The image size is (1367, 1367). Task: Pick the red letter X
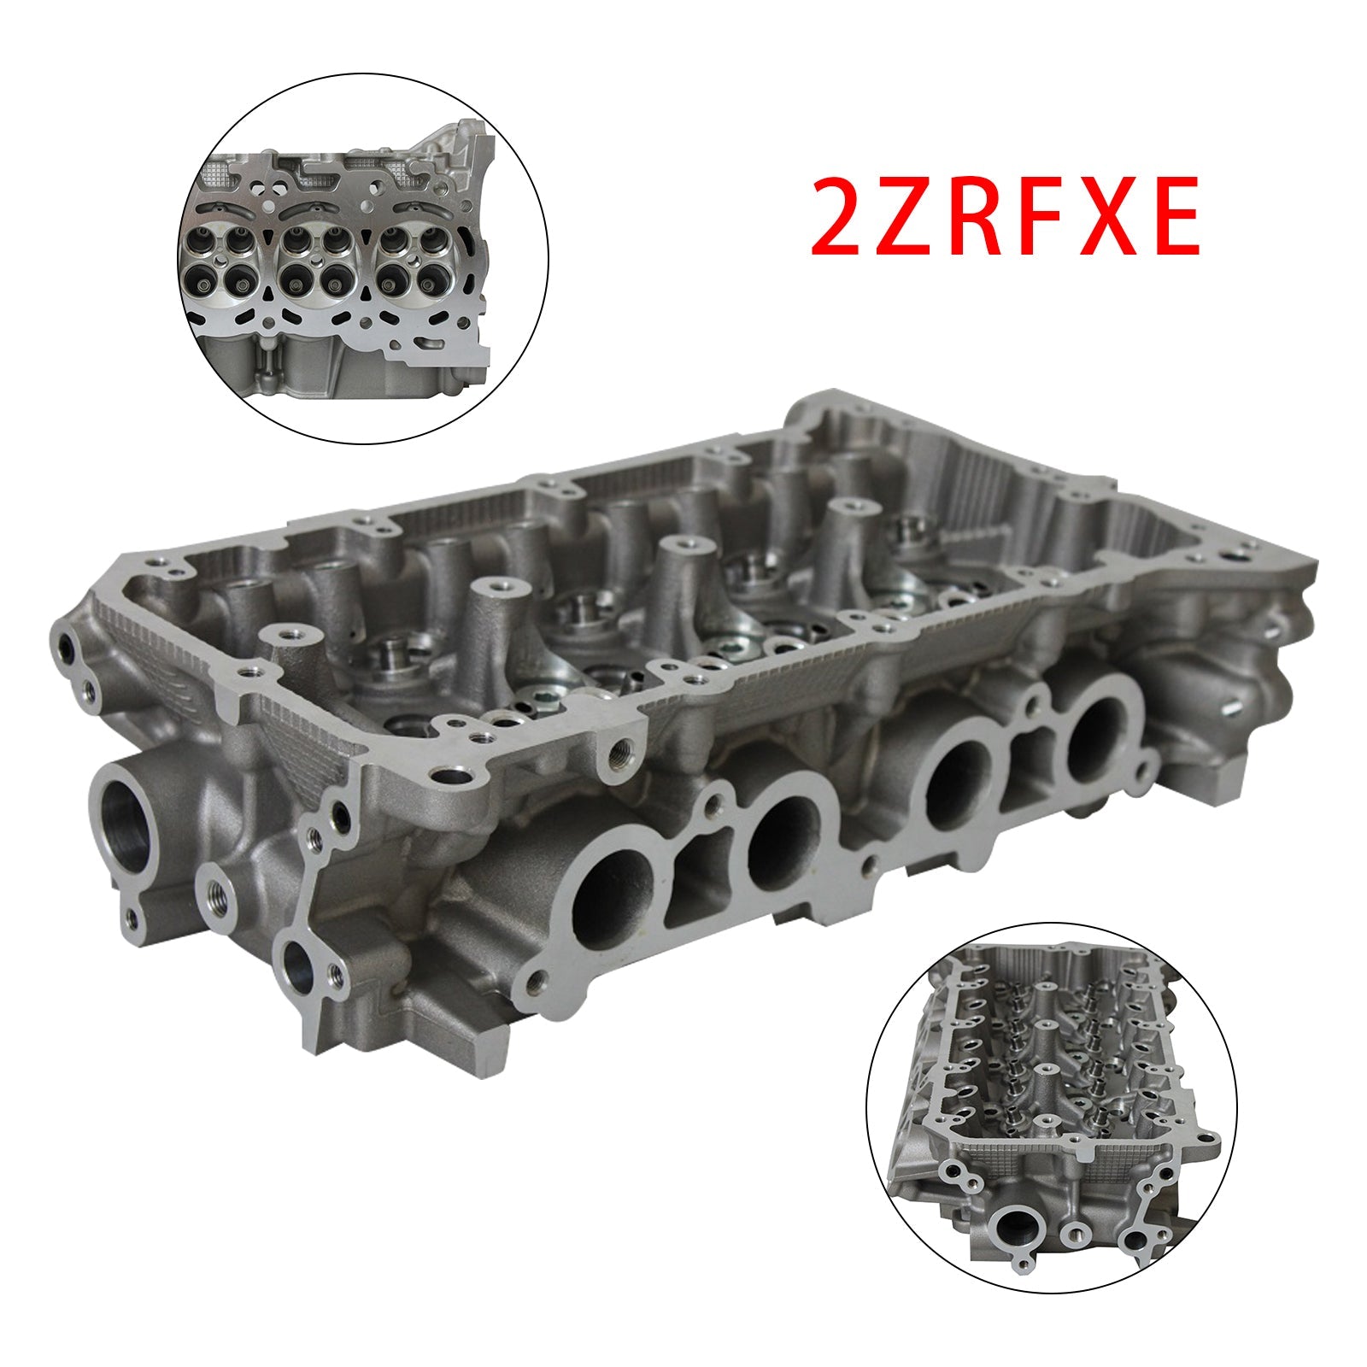1118,215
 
